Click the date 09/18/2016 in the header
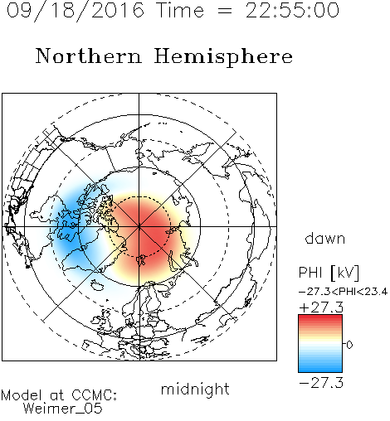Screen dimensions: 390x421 click(x=76, y=11)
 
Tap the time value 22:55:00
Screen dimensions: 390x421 click(x=292, y=11)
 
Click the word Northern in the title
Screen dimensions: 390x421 click(x=89, y=56)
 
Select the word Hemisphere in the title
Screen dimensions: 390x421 click(x=223, y=57)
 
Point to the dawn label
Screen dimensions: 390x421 click(x=325, y=239)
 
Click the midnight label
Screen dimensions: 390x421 click(x=195, y=389)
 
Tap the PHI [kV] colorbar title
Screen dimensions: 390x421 click(x=329, y=273)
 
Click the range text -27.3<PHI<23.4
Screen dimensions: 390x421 click(x=344, y=292)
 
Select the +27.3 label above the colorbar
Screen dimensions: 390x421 click(x=321, y=307)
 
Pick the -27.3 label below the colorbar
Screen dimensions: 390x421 click(x=321, y=383)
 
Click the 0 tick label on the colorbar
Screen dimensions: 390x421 click(x=349, y=345)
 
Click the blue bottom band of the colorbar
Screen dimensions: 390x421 click(x=320, y=367)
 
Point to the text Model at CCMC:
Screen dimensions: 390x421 click(x=59, y=395)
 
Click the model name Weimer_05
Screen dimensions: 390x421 click(x=63, y=409)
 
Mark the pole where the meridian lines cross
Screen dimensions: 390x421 click(x=139, y=226)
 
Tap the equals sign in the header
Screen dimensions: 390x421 click(x=225, y=11)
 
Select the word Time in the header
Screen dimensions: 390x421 click(x=180, y=11)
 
